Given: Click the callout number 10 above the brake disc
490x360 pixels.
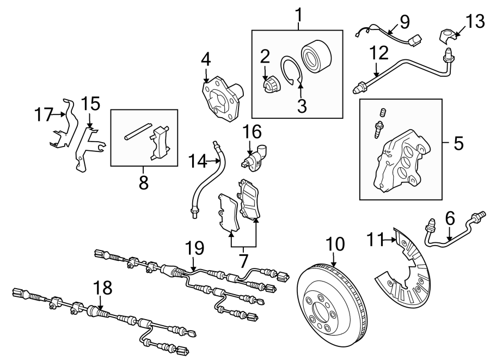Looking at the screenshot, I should click(x=336, y=244).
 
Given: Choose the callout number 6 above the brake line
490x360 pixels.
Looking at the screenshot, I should click(x=449, y=218).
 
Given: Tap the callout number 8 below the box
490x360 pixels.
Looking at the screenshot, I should click(x=143, y=183).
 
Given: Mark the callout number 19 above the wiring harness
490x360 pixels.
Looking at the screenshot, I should click(x=194, y=249).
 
